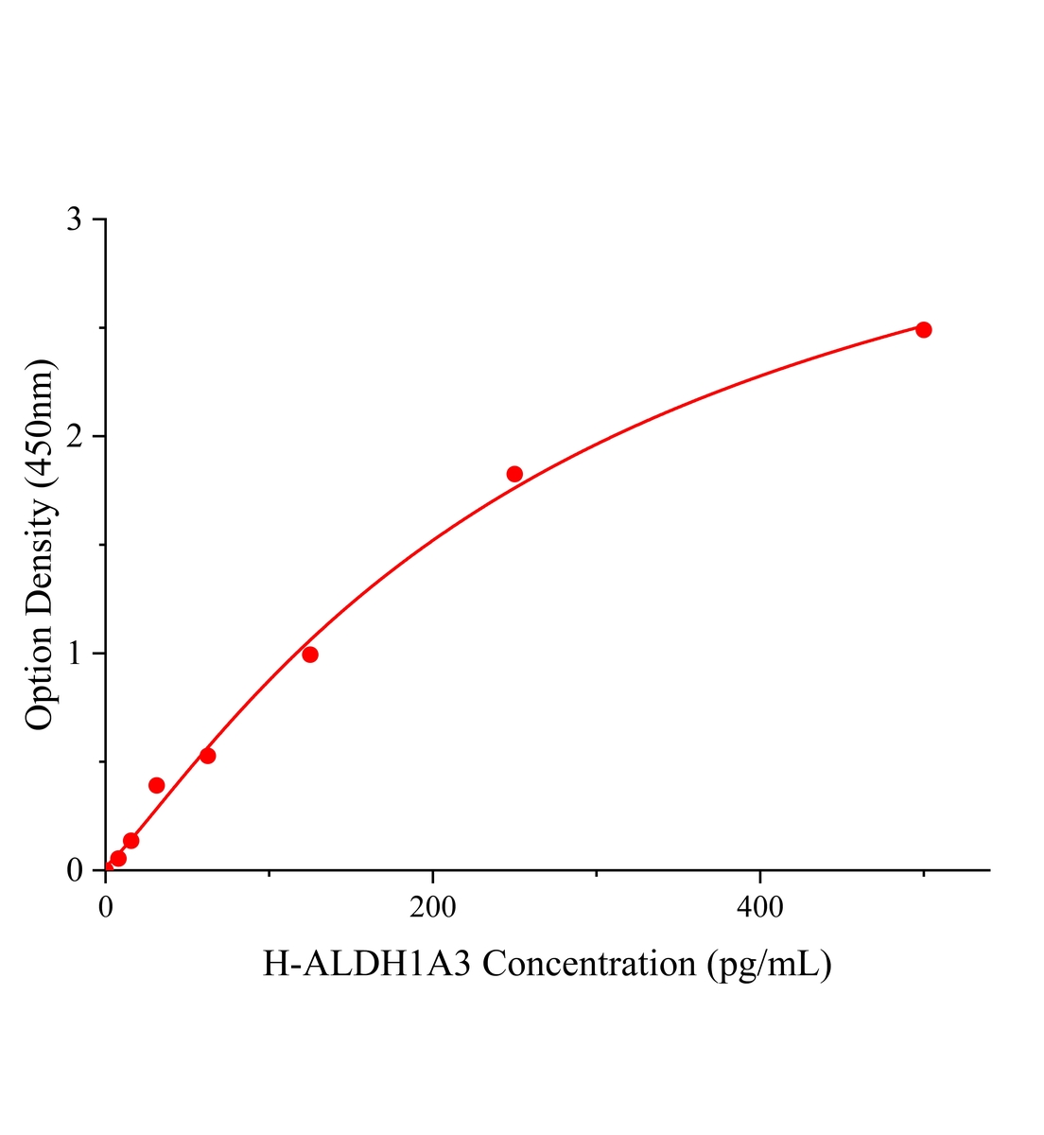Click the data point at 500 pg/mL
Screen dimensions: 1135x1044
tap(924, 329)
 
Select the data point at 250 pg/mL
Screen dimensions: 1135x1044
tap(514, 474)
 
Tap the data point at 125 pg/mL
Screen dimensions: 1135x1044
tap(310, 655)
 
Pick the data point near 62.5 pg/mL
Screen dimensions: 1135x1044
tap(208, 756)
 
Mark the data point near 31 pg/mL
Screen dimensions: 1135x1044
tap(157, 785)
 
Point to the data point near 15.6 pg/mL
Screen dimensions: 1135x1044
tap(131, 841)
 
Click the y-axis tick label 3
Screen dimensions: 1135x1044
tap(74, 219)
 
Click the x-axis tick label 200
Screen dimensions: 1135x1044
tap(433, 908)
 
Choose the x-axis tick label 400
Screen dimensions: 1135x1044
tap(760, 908)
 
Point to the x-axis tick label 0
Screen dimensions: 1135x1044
tap(106, 908)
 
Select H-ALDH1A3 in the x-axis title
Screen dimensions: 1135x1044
tap(369, 965)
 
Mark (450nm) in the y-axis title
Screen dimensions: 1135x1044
tap(40, 424)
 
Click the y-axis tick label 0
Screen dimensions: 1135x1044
tap(74, 870)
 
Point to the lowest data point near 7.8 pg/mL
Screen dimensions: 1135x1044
tap(118, 859)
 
